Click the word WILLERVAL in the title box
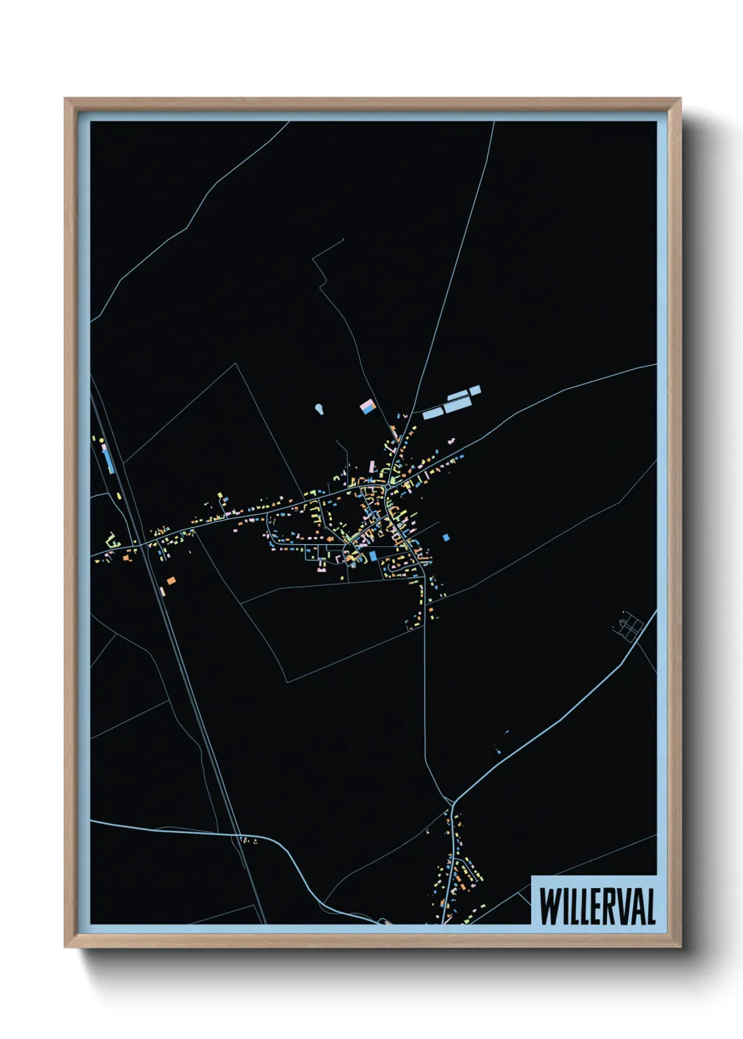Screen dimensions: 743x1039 tap(597, 906)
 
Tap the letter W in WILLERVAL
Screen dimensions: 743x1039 tap(548, 906)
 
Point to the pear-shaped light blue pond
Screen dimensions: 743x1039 tap(320, 408)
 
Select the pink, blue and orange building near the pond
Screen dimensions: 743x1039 tap(367, 406)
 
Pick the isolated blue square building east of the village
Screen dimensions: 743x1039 tap(446, 538)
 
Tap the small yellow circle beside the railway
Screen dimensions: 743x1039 tap(102, 439)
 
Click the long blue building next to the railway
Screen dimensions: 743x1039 tap(107, 459)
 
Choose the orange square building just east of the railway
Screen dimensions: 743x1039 tap(171, 581)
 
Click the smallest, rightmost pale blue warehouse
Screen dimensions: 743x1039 tap(475, 390)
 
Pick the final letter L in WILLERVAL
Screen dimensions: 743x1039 tap(650, 906)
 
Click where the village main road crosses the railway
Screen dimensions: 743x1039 tap(145, 545)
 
